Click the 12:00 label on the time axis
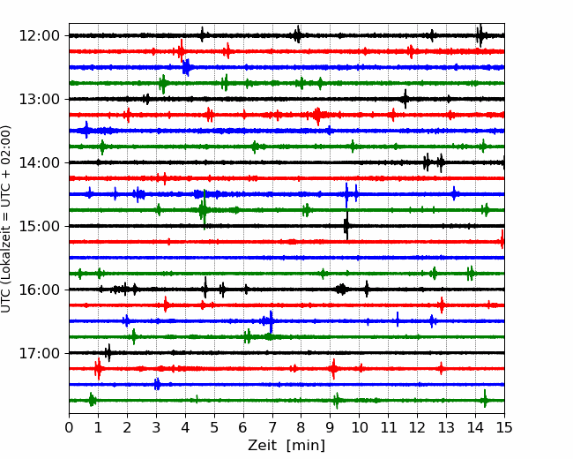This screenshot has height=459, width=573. (x=39, y=36)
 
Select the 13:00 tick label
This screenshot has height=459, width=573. (x=39, y=99)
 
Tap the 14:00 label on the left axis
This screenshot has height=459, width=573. (x=39, y=162)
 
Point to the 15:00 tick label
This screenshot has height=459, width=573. (x=39, y=226)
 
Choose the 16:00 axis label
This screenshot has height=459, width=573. (x=39, y=290)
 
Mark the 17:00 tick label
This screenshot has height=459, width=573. (x=39, y=353)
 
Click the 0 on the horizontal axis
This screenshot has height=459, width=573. (x=69, y=427)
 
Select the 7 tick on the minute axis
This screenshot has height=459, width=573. (x=272, y=427)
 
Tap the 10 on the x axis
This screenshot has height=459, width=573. (x=359, y=427)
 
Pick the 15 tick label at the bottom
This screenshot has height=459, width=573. (x=504, y=427)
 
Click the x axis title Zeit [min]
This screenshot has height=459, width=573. (x=286, y=446)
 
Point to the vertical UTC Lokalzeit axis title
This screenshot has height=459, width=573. (x=5, y=219)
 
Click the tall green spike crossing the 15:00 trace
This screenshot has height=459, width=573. (x=205, y=209)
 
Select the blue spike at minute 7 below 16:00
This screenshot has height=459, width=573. (x=271, y=321)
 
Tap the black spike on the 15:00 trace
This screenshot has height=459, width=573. (x=346, y=226)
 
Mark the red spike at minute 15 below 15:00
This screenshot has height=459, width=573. (x=502, y=239)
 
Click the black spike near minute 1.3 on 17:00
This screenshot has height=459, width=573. (x=108, y=353)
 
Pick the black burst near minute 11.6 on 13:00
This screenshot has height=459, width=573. (x=405, y=99)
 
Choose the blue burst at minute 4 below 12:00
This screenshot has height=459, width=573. (x=186, y=67)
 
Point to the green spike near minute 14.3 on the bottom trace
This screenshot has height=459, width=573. (x=485, y=399)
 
